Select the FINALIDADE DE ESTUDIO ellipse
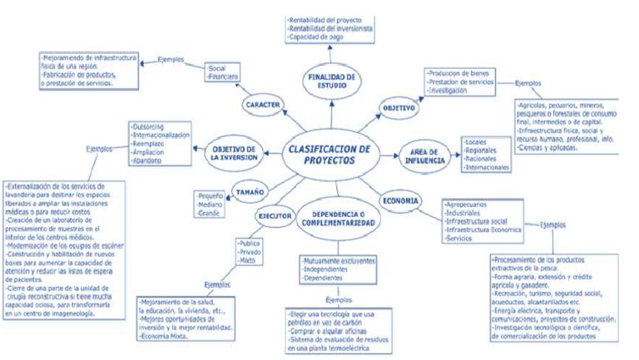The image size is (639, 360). click(331, 81)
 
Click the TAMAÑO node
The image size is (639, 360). click(249, 190)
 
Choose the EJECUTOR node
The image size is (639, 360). click(275, 216)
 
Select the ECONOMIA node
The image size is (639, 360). click(401, 200)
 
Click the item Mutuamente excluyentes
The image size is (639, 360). click(336, 261)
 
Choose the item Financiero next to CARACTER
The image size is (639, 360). click(223, 76)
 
